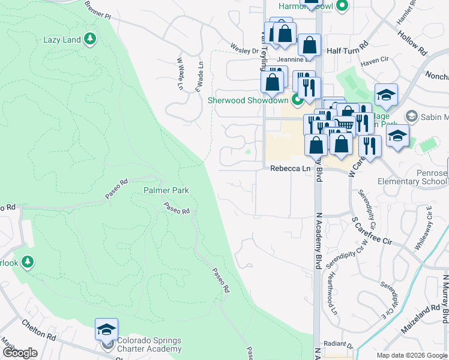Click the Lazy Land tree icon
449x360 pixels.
click(x=90, y=40)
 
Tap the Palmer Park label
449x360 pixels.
click(x=166, y=190)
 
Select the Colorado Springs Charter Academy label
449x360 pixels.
click(x=148, y=344)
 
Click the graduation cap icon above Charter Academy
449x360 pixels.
click(x=106, y=329)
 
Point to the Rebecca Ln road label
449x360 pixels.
click(x=290, y=169)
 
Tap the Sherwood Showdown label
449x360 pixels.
click(x=249, y=100)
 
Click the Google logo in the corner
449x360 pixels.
click(x=19, y=353)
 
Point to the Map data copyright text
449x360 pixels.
click(x=412, y=356)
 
